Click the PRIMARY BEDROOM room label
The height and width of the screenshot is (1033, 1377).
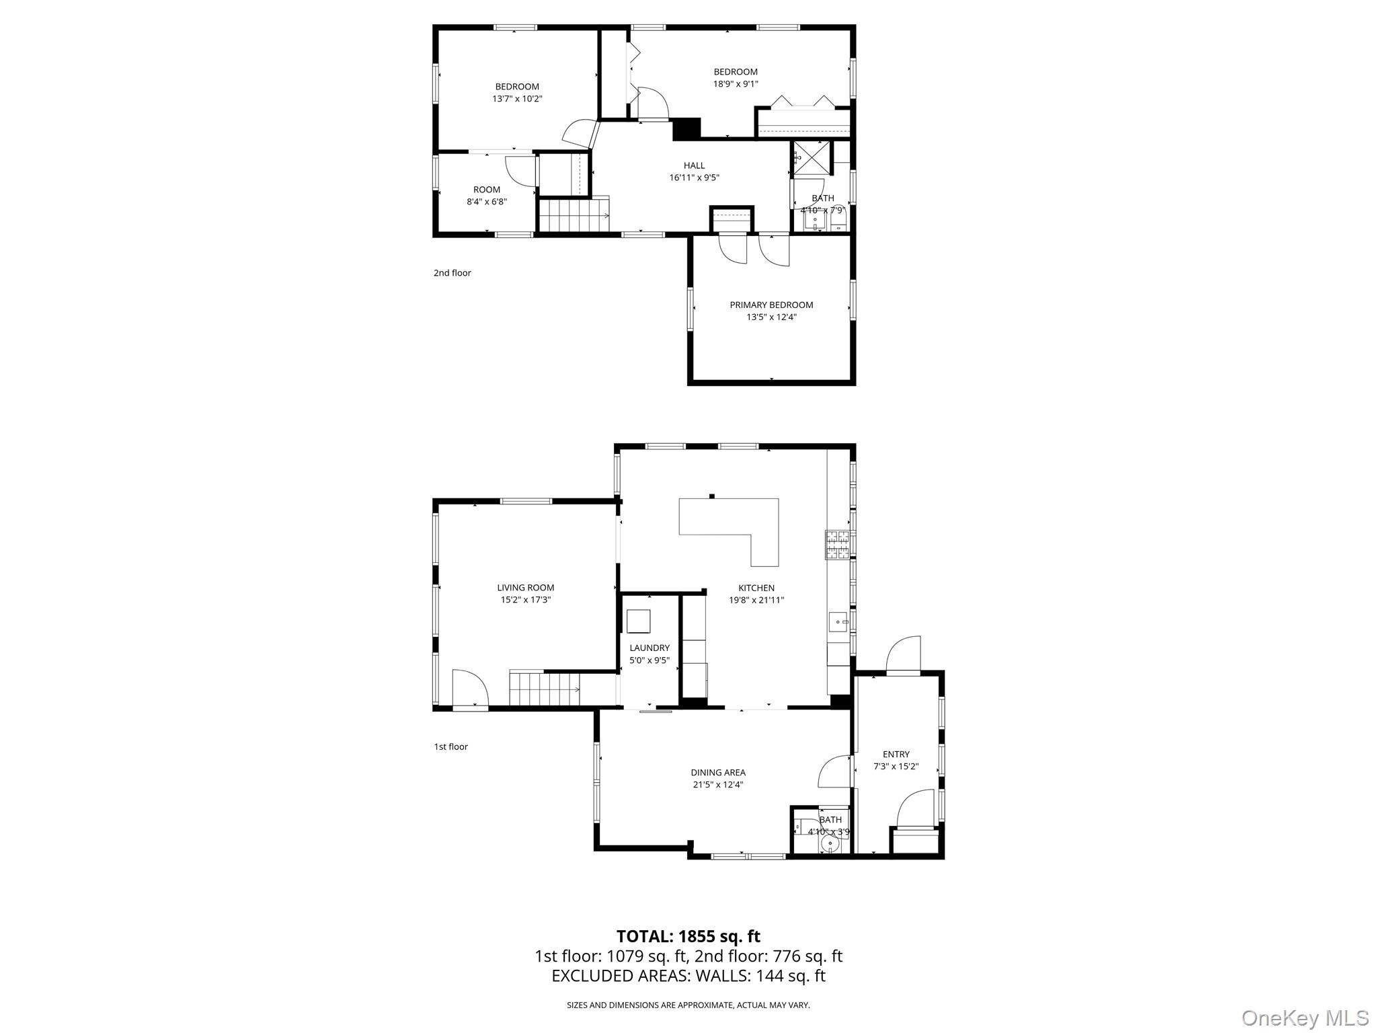coord(771,305)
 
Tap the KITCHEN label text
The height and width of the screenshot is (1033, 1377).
coord(756,588)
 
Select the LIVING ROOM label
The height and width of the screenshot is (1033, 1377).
coord(526,588)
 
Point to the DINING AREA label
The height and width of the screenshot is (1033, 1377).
coord(718,773)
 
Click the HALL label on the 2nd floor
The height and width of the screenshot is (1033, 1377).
coord(695,165)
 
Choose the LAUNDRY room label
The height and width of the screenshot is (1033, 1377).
coord(650,648)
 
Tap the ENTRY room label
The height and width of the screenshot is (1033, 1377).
coord(896,755)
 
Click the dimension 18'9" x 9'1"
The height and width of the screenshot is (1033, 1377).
coord(736,84)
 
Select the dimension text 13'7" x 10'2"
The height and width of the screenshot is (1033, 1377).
coord(517,99)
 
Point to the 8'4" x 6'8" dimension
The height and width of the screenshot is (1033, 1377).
coord(487,201)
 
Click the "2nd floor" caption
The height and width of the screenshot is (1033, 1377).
coord(452,273)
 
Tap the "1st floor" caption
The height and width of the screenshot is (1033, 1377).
coord(450,747)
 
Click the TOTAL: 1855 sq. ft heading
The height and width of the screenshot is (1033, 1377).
coord(688,936)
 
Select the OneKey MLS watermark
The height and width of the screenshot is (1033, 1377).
coord(1304,1018)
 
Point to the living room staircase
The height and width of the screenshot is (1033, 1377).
coord(544,688)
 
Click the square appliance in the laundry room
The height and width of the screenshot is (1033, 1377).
coord(639,621)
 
